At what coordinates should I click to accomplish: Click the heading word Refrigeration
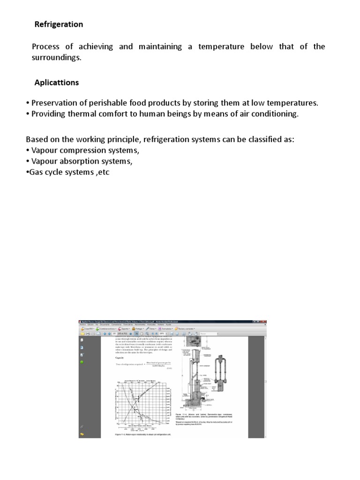point(59,24)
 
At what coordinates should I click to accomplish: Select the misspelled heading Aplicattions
point(57,82)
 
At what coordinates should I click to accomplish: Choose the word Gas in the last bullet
point(37,172)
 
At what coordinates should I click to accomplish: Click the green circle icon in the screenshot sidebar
point(82,362)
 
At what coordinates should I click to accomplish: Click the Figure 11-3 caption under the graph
point(143,435)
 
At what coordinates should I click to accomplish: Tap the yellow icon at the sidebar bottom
point(82,434)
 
